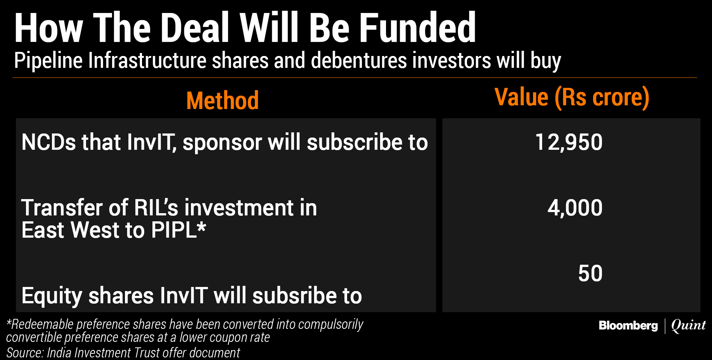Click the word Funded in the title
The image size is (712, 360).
pyautogui.click(x=418, y=28)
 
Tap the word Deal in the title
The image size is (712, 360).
pyautogui.click(x=195, y=28)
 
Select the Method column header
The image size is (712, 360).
pyautogui.click(x=222, y=100)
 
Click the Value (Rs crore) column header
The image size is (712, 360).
pyautogui.click(x=572, y=98)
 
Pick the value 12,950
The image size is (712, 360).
pyautogui.click(x=569, y=142)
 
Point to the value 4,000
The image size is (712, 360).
pyautogui.click(x=575, y=208)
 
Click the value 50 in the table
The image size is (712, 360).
pyautogui.click(x=590, y=274)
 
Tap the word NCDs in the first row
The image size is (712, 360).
pyautogui.click(x=49, y=142)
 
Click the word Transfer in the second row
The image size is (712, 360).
pyautogui.click(x=62, y=208)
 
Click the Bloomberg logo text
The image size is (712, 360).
pyautogui.click(x=628, y=326)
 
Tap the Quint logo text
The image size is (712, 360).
pyautogui.click(x=689, y=326)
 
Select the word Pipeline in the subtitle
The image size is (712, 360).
pyautogui.click(x=48, y=61)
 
